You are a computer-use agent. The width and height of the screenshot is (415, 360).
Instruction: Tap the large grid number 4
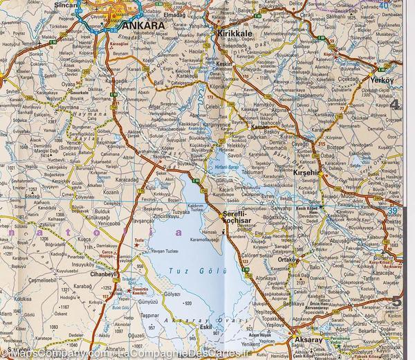point(396,105)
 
